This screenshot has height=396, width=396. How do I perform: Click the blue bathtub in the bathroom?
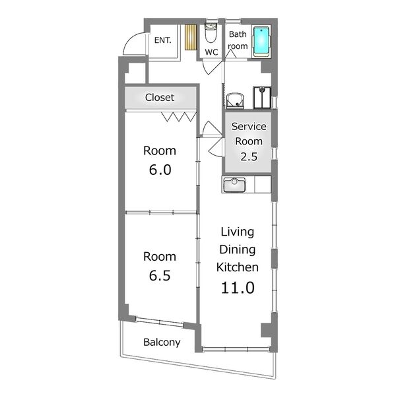point(261,42)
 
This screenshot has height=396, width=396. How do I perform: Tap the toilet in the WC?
point(211,33)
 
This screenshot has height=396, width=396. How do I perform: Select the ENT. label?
point(162,40)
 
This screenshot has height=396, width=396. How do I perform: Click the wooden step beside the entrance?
point(191,37)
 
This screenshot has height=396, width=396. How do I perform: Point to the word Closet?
point(160,97)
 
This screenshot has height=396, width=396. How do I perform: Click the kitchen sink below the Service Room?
point(234,185)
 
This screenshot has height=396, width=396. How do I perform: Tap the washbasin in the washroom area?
point(235,101)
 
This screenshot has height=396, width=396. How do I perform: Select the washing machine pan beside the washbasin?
point(262,98)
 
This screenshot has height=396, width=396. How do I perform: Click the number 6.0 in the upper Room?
point(160,170)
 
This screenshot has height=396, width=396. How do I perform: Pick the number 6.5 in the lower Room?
point(160,275)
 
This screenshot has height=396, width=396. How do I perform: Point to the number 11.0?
point(238,288)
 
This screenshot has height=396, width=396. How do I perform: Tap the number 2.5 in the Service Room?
point(249,156)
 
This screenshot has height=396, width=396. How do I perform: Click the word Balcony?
point(162,343)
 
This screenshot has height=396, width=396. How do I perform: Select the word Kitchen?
point(238,267)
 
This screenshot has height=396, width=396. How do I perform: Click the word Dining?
point(238,249)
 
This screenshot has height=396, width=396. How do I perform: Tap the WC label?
point(211,52)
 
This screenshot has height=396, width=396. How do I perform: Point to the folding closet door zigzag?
point(179,117)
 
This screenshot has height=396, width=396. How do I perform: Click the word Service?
point(249,126)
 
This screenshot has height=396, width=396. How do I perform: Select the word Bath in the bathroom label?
point(238,34)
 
